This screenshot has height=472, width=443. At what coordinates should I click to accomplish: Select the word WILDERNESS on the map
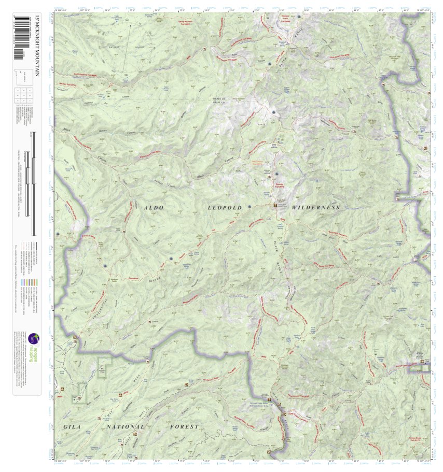coord(315,208)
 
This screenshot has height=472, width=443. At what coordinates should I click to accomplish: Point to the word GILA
coord(73,427)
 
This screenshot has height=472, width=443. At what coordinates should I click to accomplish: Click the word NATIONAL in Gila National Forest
coord(124,427)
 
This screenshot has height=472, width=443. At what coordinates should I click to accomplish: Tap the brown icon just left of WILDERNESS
coord(275,206)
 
